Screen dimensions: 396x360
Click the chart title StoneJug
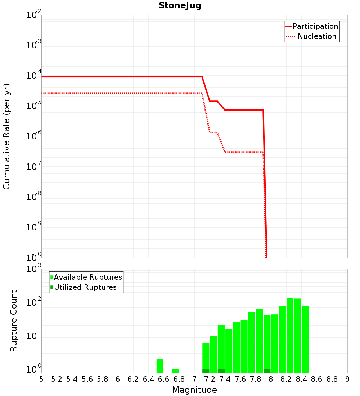[x=180, y=6]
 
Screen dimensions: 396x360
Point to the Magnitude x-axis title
[x=194, y=390]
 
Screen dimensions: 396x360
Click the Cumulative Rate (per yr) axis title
[x=6, y=136]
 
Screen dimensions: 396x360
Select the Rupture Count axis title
[x=14, y=320]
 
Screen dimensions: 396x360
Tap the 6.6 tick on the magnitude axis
[x=164, y=379]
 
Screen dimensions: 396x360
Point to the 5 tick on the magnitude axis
[x=41, y=379]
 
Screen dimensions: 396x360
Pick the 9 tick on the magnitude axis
[x=347, y=379]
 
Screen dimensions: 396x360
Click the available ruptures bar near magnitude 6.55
[x=160, y=366]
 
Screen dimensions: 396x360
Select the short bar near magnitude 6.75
[x=175, y=371]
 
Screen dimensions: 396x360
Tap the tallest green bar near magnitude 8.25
[x=290, y=335]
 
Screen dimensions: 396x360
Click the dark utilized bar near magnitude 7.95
[x=267, y=371]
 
